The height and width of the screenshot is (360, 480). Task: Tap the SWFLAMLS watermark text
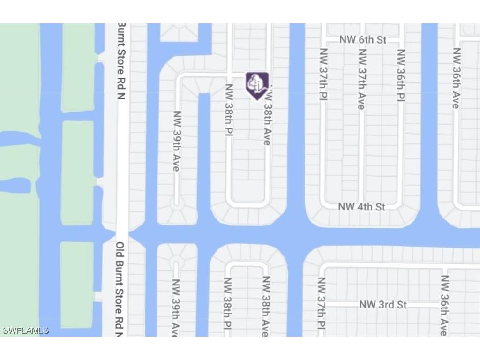(26, 330)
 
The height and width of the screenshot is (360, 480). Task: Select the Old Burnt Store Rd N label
(120, 288)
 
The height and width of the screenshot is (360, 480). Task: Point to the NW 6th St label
(363, 40)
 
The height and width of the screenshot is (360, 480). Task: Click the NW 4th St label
(361, 207)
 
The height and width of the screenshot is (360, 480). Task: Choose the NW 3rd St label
(383, 305)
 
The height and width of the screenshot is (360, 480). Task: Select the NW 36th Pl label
(401, 75)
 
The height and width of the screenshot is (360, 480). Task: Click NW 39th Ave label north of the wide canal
(177, 141)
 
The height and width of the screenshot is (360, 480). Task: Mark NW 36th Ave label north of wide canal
(456, 78)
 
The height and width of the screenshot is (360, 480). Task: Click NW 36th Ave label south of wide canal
(444, 305)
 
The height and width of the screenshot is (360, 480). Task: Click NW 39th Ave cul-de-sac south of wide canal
(177, 261)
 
